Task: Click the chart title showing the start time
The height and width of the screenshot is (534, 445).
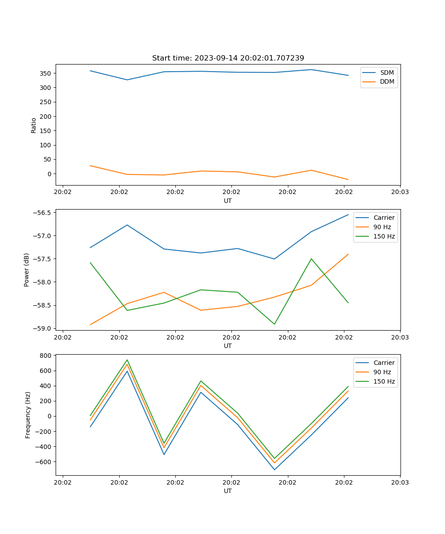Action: point(228,58)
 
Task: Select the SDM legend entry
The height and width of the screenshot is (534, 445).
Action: point(387,72)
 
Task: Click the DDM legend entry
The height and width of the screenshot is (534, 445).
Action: point(387,82)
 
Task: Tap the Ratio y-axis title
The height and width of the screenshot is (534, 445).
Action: point(33,125)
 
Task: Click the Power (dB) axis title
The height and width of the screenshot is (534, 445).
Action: point(27,270)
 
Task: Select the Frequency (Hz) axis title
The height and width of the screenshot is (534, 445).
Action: point(28,415)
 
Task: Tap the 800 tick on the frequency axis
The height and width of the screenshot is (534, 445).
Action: point(46,356)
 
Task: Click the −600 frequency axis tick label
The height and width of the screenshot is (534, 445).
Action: point(43,461)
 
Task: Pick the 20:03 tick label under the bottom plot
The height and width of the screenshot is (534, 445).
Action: point(400,482)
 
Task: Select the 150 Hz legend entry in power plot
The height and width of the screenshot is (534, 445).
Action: point(384,237)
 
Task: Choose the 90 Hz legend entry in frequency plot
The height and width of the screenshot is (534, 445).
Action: point(382,372)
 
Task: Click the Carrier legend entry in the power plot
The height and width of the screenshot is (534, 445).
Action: point(384,218)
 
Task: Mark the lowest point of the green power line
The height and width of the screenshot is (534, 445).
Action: point(274,324)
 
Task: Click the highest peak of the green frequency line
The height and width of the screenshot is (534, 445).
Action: point(127,360)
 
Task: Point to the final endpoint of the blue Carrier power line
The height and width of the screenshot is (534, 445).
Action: point(348,214)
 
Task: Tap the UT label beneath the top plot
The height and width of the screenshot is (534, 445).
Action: point(228,201)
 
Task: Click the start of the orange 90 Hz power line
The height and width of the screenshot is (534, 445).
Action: point(90,324)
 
